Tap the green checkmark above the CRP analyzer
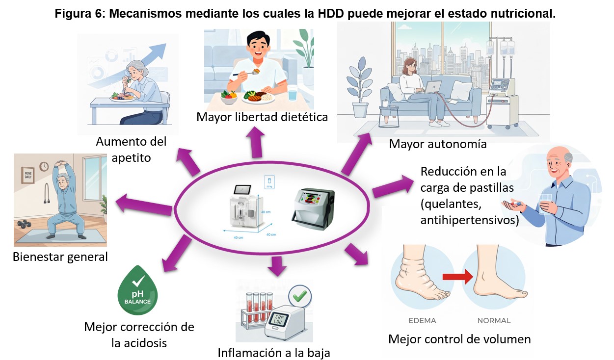tap(299, 295)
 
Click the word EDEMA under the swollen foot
tap(423, 321)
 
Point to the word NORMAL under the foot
tap(494, 321)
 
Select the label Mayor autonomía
tap(437, 144)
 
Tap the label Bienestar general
tap(60, 257)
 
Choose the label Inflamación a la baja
tap(274, 352)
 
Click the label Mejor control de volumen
tap(459, 339)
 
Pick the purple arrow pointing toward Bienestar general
tap(143, 204)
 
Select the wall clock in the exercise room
tap(44, 166)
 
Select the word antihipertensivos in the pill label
tap(470, 221)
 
